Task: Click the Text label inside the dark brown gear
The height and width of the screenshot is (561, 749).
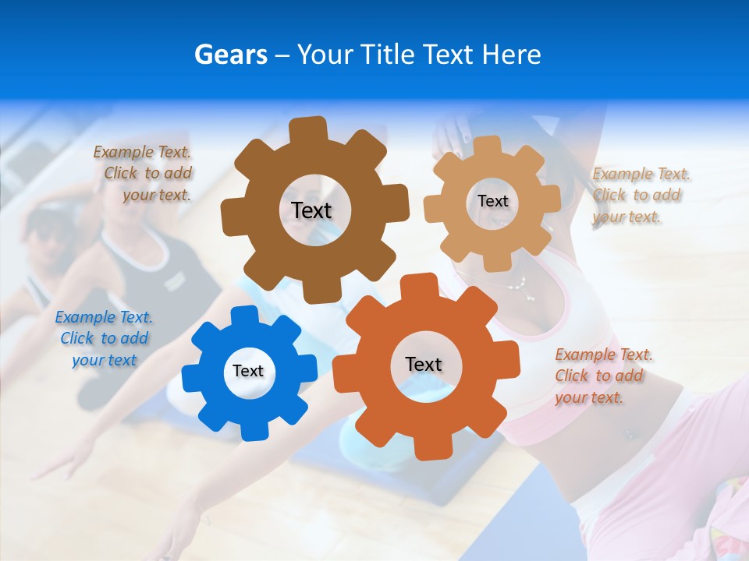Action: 311,210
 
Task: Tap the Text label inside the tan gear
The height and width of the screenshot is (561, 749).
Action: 492,201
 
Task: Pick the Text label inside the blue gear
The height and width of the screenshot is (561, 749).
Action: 248,371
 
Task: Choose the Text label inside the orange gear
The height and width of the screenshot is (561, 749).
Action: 424,364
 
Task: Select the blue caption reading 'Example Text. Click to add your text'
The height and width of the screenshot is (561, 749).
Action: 104,338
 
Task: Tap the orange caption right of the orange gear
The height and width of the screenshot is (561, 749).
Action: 602,376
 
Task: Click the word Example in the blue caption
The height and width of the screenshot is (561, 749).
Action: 84,317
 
